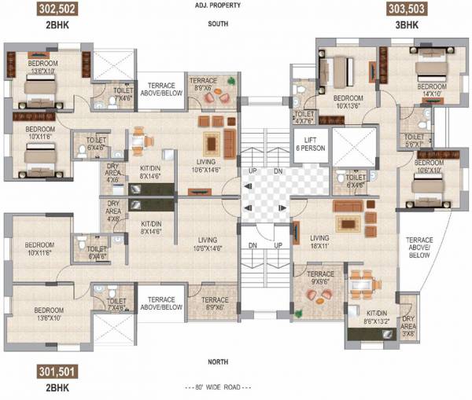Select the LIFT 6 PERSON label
tap(304, 144)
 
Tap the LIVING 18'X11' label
tap(319, 241)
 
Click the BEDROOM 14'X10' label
tap(432, 90)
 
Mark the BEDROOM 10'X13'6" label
tap(346, 102)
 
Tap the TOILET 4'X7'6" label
tap(304, 118)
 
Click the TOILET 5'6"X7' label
tap(415, 140)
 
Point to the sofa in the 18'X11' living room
tap(347, 205)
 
